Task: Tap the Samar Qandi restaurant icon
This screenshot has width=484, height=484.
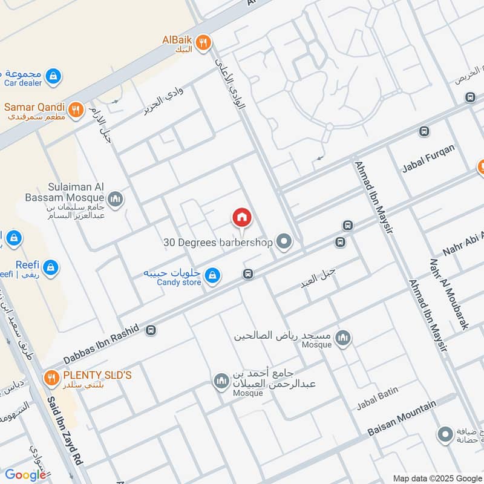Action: (76, 109)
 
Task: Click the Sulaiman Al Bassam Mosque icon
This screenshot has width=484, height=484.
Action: (115, 198)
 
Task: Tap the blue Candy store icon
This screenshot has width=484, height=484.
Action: (212, 276)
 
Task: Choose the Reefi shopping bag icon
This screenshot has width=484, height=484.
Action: (51, 267)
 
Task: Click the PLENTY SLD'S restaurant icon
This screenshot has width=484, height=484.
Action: (51, 379)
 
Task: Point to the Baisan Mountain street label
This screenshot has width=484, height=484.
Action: (402, 419)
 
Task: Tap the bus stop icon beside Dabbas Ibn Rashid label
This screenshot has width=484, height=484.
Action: (151, 330)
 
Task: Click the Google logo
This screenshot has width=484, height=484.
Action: (25, 475)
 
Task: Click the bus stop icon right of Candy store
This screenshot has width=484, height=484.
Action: (247, 274)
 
